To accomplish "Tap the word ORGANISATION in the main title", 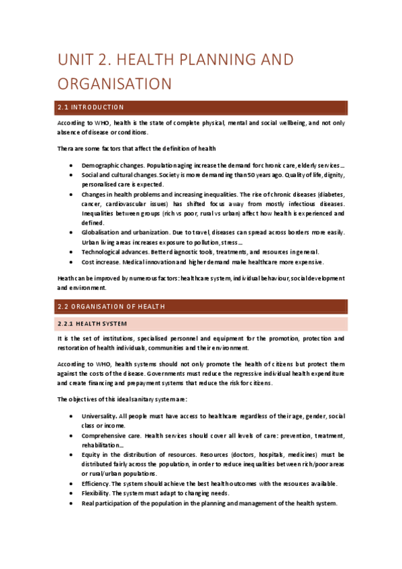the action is (x=115, y=84).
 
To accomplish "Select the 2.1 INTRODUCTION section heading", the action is (x=91, y=107).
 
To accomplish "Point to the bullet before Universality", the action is (x=71, y=417).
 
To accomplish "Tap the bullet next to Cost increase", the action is (x=71, y=262).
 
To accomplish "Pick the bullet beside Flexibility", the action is (x=71, y=493).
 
